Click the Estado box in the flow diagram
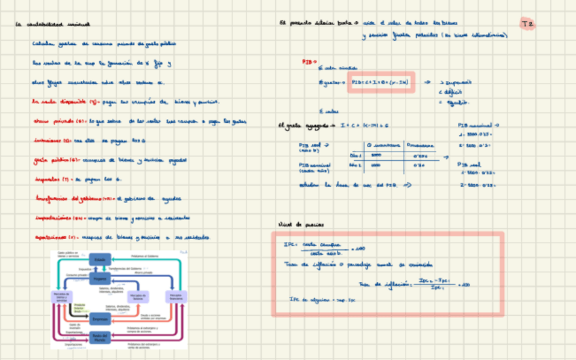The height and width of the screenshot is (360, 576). tap(100, 259)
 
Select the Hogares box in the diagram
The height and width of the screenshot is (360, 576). tap(100, 278)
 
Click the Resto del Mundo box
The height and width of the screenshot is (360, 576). tap(100, 337)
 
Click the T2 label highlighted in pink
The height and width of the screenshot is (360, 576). tap(528, 24)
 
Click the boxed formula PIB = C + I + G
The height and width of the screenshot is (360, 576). tap(381, 82)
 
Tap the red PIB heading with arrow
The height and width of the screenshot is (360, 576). tap(309, 61)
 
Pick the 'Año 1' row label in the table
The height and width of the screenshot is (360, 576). tap(354, 155)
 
